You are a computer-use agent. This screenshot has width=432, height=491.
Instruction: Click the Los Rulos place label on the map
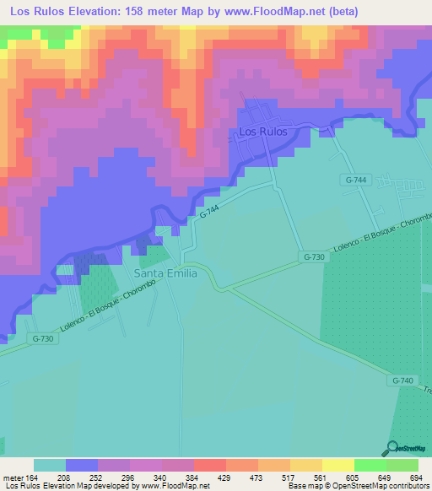pyautogui.click(x=263, y=132)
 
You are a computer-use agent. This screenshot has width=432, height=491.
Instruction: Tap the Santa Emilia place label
pyautogui.click(x=166, y=274)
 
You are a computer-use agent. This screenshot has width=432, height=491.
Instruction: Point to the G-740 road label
pyautogui.click(x=403, y=381)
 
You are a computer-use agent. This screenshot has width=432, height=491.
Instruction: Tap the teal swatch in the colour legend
pyautogui.click(x=49, y=465)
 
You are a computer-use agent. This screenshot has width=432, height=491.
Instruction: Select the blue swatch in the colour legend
pyautogui.click(x=81, y=465)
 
